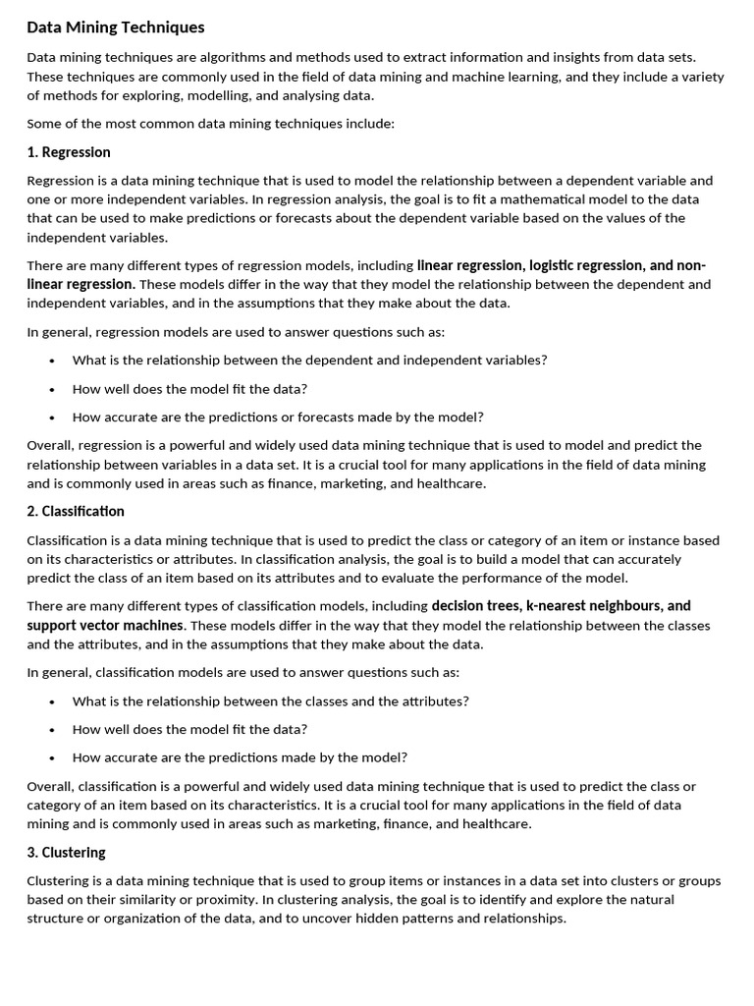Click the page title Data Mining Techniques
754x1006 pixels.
pyautogui.click(x=116, y=28)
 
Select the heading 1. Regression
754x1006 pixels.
pyautogui.click(x=69, y=152)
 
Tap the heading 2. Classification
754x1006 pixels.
pyautogui.click(x=76, y=511)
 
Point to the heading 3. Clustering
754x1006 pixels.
pyautogui.click(x=67, y=852)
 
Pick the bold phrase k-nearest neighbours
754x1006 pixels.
pyautogui.click(x=593, y=606)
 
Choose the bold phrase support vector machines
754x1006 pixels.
pyautogui.click(x=105, y=625)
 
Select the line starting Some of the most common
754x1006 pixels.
pyautogui.click(x=210, y=124)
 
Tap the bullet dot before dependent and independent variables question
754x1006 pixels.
pyautogui.click(x=51, y=361)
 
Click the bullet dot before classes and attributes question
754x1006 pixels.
pyautogui.click(x=51, y=701)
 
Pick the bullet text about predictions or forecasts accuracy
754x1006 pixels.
pyautogui.click(x=278, y=417)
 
